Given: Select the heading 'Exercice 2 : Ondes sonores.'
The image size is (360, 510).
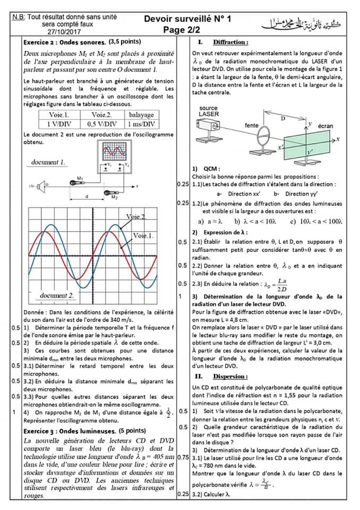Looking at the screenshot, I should (65, 42).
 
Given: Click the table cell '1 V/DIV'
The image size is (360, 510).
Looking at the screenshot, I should (58, 124).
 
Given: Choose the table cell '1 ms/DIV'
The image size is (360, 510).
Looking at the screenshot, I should (141, 124).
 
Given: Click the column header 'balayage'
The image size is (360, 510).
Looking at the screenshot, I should (141, 115).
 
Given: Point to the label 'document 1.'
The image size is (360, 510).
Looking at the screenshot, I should (48, 162).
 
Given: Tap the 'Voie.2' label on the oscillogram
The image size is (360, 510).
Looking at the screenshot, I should (136, 217).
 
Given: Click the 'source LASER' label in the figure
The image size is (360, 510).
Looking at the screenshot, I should (208, 111).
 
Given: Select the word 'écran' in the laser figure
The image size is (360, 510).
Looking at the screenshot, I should (325, 126).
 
